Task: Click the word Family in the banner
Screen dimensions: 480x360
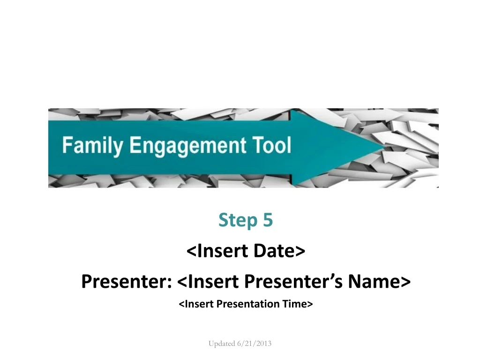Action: tap(93, 146)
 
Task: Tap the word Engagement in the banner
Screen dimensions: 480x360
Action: tap(187, 146)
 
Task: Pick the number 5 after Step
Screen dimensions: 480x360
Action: tap(268, 220)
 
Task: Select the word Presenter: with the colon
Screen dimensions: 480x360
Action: tap(127, 281)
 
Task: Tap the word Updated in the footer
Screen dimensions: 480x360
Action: tap(222, 344)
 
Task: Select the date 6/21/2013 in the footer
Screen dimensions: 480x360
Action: tap(255, 344)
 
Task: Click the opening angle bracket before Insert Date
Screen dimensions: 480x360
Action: tap(191, 251)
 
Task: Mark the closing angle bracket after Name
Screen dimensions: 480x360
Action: tap(405, 282)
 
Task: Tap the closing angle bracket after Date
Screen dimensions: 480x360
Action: tap(300, 251)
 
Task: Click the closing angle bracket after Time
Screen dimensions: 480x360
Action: tap(310, 304)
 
